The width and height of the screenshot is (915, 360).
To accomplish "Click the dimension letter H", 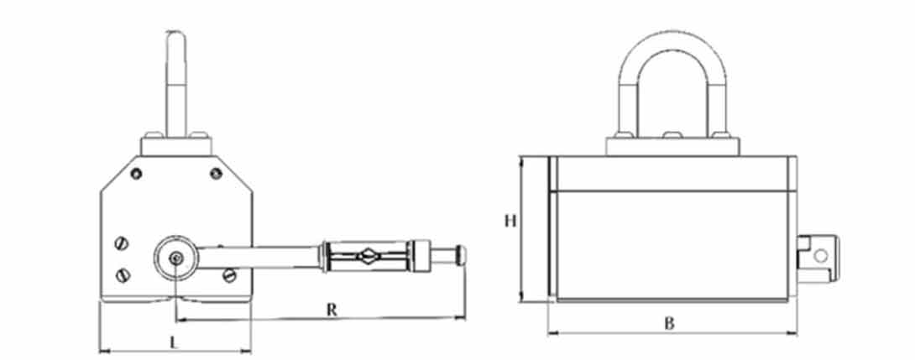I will (509, 222).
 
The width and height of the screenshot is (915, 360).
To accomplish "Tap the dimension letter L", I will (174, 342).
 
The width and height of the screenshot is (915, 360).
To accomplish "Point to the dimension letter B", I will (669, 322).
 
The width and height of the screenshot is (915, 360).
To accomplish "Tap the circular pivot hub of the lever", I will (175, 259).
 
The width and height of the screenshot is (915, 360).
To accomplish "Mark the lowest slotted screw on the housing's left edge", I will (124, 274).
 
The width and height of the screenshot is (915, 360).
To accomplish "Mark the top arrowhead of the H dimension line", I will (522, 159).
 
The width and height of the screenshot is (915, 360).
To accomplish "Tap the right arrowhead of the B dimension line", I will (794, 332).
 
